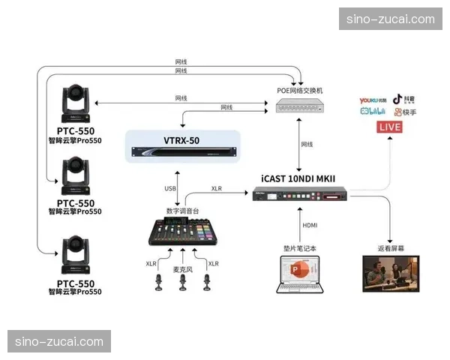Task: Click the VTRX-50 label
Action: pyautogui.click(x=182, y=140)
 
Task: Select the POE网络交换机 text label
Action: pyautogui.click(x=299, y=91)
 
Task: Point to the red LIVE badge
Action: pyautogui.click(x=390, y=127)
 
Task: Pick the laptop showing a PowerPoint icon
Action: pyautogui.click(x=301, y=274)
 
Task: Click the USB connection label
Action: pyautogui.click(x=170, y=188)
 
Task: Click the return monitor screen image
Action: pyautogui.click(x=391, y=274)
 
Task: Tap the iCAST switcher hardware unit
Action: pyautogui.click(x=299, y=195)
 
